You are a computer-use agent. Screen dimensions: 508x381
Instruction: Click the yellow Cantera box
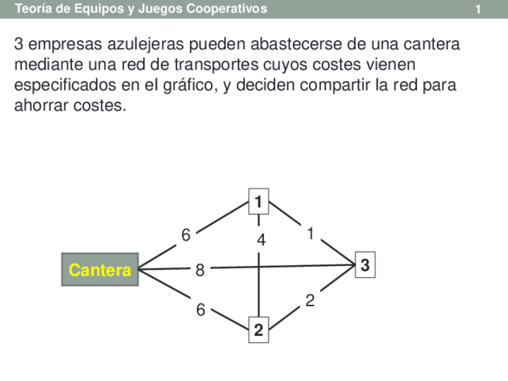pos(100,270)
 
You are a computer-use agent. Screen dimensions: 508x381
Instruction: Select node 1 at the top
pos(258,201)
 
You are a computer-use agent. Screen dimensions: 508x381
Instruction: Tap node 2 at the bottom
pos(258,330)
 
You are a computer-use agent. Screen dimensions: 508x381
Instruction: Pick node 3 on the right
pos(365,265)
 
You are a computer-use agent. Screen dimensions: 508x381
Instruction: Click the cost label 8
pos(200,271)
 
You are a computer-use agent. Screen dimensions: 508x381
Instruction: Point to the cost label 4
pos(261,240)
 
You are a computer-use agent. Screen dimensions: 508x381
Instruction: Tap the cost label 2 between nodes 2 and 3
pos(310,301)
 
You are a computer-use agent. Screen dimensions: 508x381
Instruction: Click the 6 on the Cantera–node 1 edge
pos(186,235)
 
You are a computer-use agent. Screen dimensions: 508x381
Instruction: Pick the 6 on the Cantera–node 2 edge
pos(201,310)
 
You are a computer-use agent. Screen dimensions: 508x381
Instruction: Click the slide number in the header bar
pos(478,9)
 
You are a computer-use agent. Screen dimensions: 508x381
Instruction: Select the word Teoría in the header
pos(33,9)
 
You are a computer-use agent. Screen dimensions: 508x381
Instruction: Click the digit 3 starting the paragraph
pos(19,45)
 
